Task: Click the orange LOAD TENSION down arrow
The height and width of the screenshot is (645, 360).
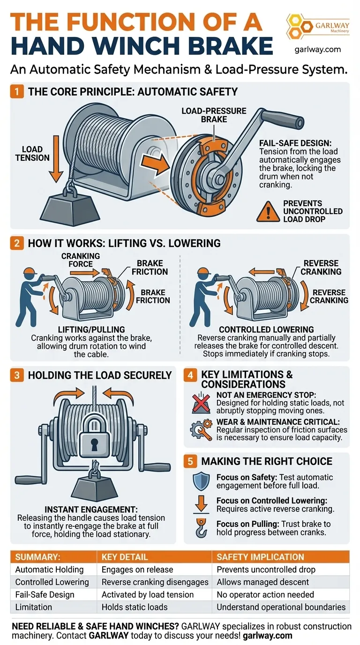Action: point(56,159)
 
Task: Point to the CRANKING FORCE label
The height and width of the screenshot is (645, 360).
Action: point(81,260)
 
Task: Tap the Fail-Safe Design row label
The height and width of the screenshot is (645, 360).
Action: point(45,594)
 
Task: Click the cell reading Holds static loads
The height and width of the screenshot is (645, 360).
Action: point(135,607)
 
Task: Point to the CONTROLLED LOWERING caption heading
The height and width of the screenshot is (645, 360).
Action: point(266,330)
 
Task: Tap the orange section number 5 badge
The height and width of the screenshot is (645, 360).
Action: point(191,461)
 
